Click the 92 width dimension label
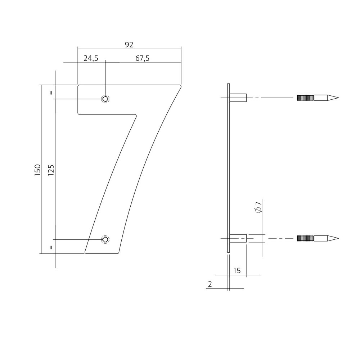pyautogui.click(x=129, y=45)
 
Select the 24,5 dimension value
pyautogui.click(x=91, y=59)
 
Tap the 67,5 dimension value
pyautogui.click(x=143, y=59)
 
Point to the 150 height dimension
pyautogui.click(x=37, y=170)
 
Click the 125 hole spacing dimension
pyautogui.click(x=51, y=170)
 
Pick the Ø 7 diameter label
pyautogui.click(x=258, y=207)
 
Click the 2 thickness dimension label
pyautogui.click(x=210, y=284)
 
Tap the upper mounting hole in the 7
pyautogui.click(x=105, y=99)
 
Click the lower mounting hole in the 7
pyautogui.click(x=105, y=239)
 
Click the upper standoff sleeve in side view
pyautogui.click(x=238, y=98)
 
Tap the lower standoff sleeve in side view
pyautogui.click(x=238, y=238)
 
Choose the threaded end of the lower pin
pyautogui.click(x=306, y=238)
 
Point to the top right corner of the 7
pyautogui.click(x=180, y=86)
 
